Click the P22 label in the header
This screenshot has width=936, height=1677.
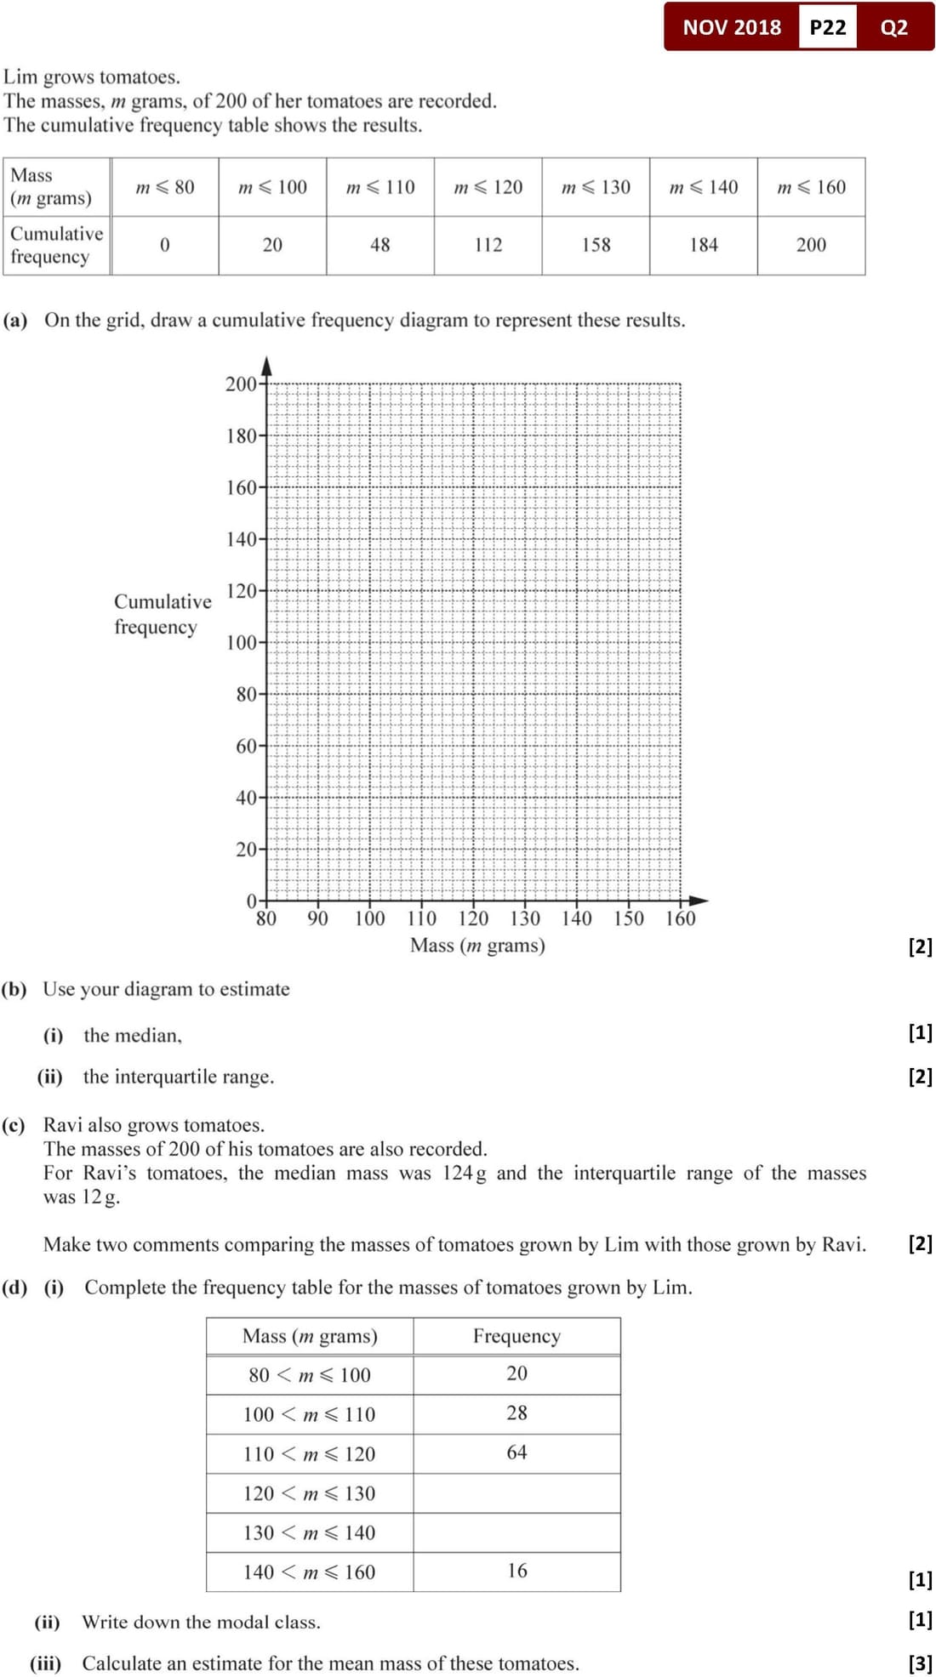827,27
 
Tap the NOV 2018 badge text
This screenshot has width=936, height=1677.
731,27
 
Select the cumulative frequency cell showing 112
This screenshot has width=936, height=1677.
488,245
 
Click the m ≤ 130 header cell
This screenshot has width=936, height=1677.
596,187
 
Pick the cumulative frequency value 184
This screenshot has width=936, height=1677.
704,245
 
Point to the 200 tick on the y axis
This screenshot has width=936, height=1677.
241,384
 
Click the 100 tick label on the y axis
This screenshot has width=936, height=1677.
241,643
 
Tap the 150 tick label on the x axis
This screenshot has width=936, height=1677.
629,918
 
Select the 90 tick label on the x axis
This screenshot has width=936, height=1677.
317,918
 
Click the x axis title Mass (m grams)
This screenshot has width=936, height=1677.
477,945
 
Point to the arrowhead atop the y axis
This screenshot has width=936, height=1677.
267,366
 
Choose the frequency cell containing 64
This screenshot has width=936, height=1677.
517,1452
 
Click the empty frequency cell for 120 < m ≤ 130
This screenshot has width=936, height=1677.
517,1493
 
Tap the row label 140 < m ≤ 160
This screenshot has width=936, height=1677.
309,1572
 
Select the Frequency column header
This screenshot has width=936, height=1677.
517,1336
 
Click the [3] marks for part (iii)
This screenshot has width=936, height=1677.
920,1663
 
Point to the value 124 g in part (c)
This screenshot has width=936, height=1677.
464,1174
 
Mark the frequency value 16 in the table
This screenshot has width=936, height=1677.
517,1571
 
